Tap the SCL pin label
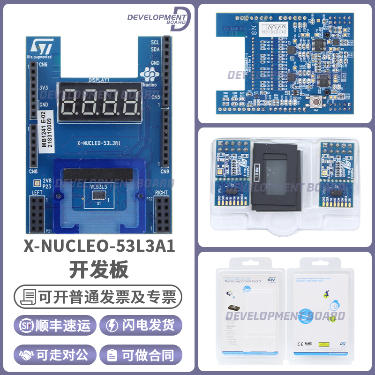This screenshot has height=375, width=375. point(155,42)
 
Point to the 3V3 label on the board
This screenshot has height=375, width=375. point(44,88)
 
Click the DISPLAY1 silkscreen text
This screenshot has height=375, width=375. point(99,80)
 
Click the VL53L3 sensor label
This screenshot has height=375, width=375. point(99,187)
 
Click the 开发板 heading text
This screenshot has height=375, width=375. point(99,270)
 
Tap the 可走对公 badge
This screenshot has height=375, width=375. point(56,355)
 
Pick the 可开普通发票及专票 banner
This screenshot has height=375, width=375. point(99,296)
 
